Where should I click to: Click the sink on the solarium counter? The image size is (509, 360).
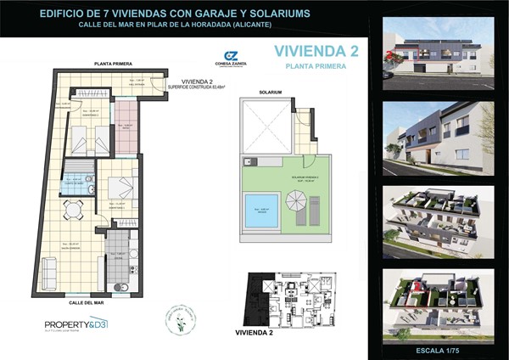pyautogui.click(x=248, y=160)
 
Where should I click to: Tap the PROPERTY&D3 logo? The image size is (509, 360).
pyautogui.click(x=76, y=324)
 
